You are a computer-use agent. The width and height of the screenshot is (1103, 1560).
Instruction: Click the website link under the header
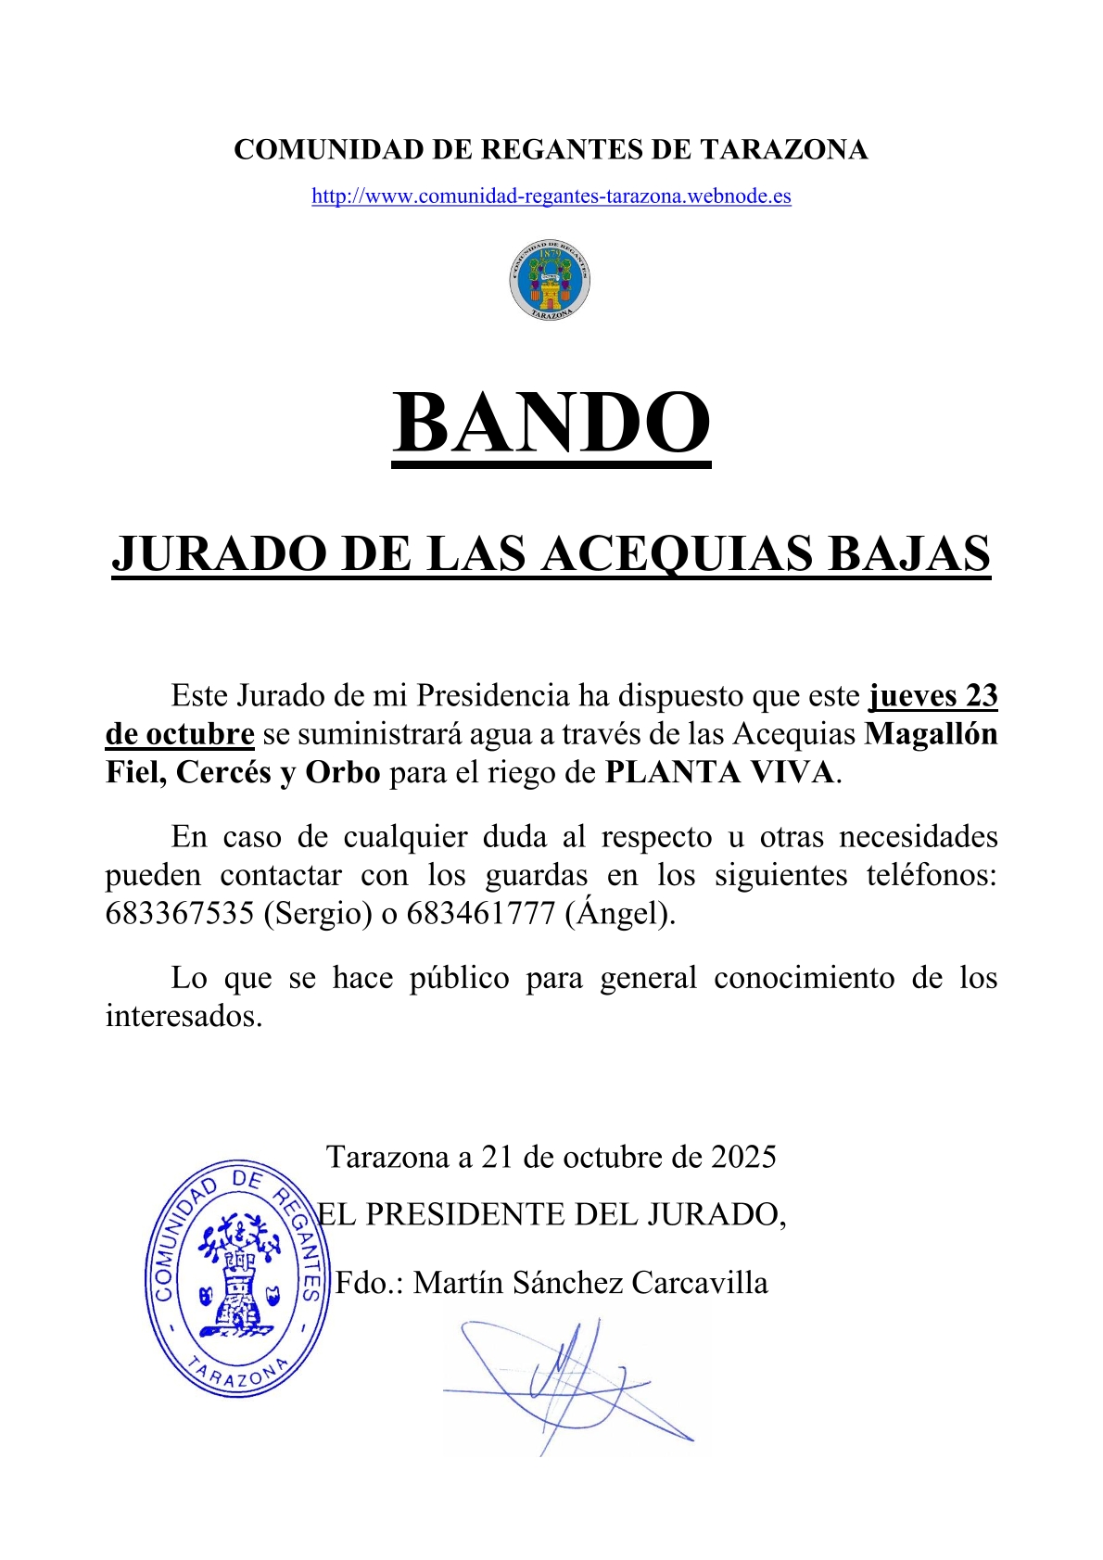pyautogui.click(x=551, y=197)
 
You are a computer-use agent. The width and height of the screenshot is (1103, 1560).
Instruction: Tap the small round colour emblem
pyautogui.click(x=550, y=281)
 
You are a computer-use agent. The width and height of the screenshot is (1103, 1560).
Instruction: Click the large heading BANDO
pyautogui.click(x=551, y=423)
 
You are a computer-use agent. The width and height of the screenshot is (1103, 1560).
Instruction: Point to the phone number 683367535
pyautogui.click(x=180, y=914)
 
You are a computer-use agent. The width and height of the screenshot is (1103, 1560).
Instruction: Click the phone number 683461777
pyautogui.click(x=481, y=914)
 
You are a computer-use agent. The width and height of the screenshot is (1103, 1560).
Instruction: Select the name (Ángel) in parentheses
pyautogui.click(x=619, y=914)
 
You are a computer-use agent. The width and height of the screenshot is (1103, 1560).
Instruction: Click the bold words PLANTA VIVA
pyautogui.click(x=719, y=773)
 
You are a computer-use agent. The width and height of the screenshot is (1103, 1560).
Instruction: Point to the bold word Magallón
pyautogui.click(x=931, y=734)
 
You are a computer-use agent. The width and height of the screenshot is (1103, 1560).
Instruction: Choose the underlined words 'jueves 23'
pyautogui.click(x=932, y=696)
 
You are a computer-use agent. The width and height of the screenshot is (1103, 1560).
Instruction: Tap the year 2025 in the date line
pyautogui.click(x=743, y=1157)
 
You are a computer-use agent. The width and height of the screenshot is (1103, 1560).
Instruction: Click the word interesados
pyautogui.click(x=184, y=1017)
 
